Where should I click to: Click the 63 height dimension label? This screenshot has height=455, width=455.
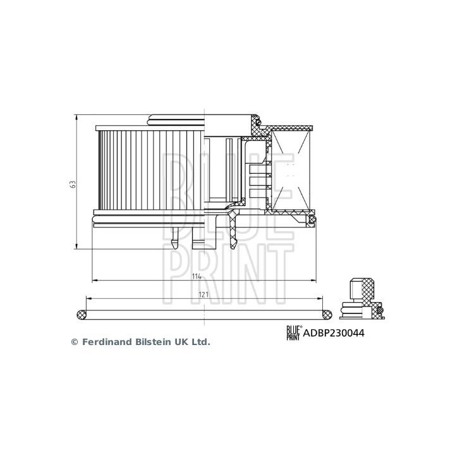(x=73, y=184)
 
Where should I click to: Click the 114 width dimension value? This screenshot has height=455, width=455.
(x=197, y=276)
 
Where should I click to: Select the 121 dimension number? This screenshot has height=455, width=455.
(x=203, y=295)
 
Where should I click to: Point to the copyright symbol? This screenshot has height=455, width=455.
(x=73, y=342)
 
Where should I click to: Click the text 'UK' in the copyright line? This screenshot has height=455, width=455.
(x=179, y=342)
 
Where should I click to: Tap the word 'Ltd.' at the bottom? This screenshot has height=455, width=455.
(x=200, y=342)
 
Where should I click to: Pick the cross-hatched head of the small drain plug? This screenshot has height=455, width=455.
(x=363, y=288)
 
